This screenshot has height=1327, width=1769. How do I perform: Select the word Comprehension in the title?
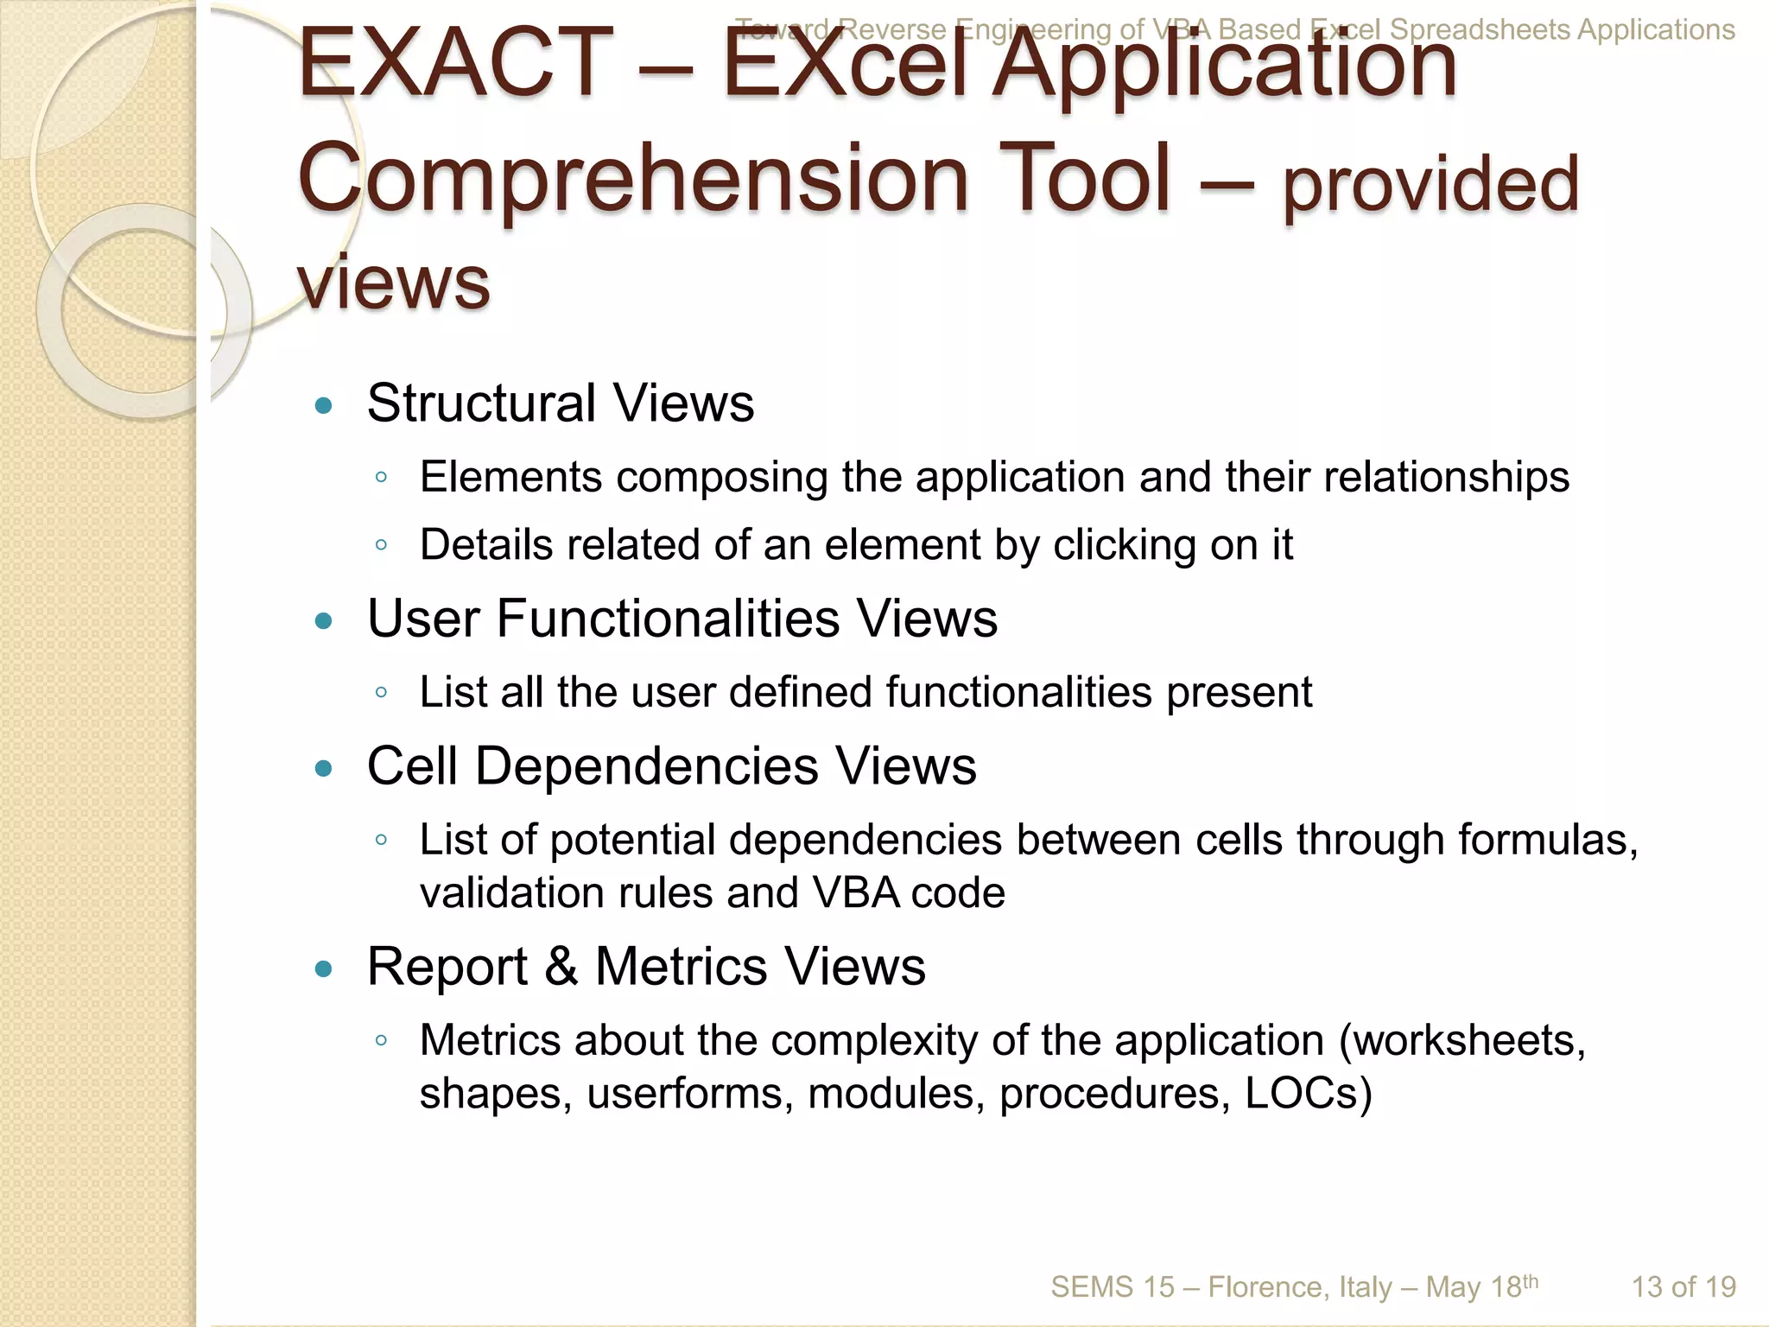pyautogui.click(x=633, y=179)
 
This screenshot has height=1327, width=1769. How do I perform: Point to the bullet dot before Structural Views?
pyautogui.click(x=324, y=405)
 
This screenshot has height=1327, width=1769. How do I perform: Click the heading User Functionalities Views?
pyautogui.click(x=682, y=619)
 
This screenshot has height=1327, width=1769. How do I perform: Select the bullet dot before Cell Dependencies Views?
pyautogui.click(x=324, y=768)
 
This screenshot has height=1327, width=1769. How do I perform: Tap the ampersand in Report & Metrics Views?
pyautogui.click(x=561, y=966)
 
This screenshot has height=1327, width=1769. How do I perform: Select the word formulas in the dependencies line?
pyautogui.click(x=1546, y=840)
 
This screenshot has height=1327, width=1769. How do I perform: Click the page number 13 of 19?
pyautogui.click(x=1683, y=1287)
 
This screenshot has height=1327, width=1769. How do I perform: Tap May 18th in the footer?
pyautogui.click(x=1481, y=1287)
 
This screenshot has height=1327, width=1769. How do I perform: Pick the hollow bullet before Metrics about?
pyautogui.click(x=381, y=1041)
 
